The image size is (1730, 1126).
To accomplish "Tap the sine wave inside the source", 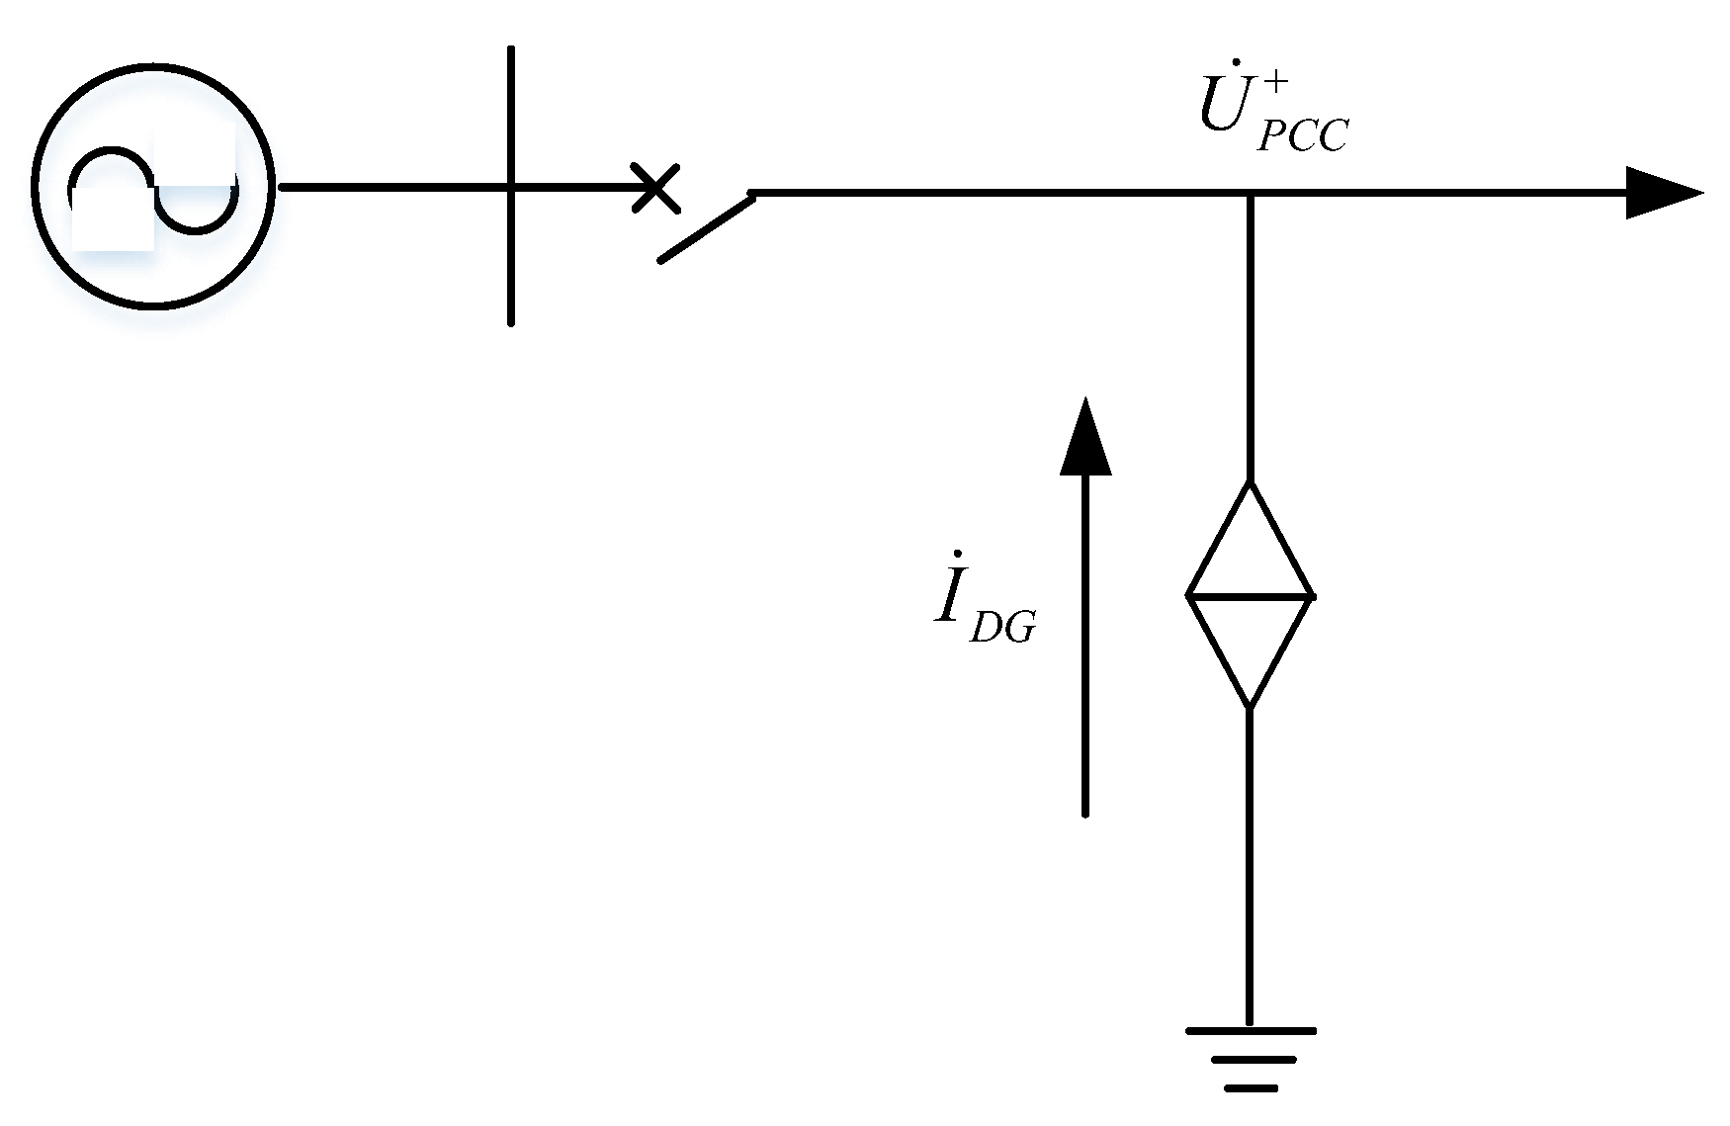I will [153, 188].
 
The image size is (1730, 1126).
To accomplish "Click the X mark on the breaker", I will [655, 188].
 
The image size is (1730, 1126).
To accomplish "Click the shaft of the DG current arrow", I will [1085, 643].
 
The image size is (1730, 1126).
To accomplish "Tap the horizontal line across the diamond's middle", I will [1250, 596].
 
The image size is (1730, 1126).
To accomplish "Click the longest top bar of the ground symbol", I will [1251, 1031].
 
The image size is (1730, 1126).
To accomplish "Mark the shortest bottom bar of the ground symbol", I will [1251, 1088].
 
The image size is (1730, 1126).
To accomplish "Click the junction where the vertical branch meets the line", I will [1251, 194].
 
